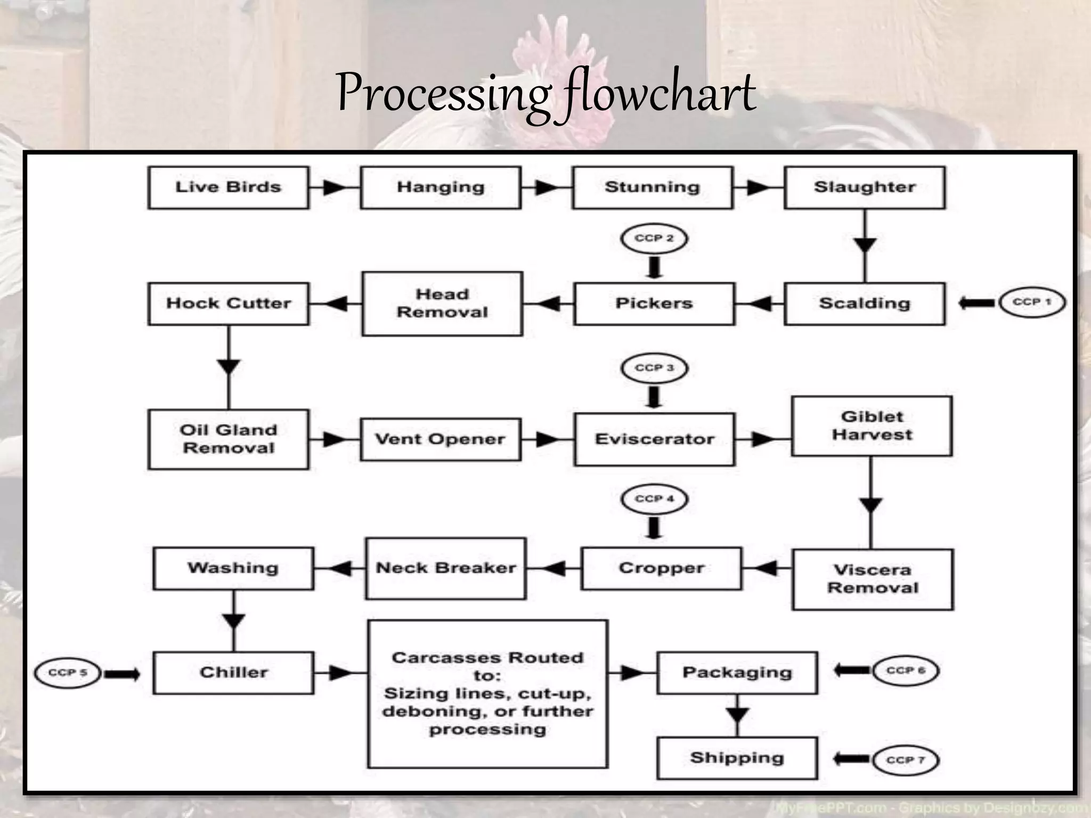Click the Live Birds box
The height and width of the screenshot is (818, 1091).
click(x=228, y=187)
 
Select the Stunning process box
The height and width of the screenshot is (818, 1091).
click(x=653, y=187)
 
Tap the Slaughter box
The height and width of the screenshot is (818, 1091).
click(x=865, y=187)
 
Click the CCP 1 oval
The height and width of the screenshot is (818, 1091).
click(x=1032, y=302)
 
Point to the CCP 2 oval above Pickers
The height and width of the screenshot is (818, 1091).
click(x=654, y=238)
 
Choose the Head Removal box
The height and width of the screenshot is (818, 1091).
click(x=442, y=303)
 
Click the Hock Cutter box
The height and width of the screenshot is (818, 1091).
click(x=229, y=303)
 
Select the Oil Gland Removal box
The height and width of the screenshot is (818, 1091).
click(x=229, y=439)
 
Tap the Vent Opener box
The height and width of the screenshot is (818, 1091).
click(x=440, y=439)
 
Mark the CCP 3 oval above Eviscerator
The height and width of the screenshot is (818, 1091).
click(x=654, y=368)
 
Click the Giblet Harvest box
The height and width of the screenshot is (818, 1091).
click(x=872, y=426)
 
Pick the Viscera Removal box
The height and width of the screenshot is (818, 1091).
click(x=873, y=579)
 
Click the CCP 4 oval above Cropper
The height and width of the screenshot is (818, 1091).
click(x=654, y=499)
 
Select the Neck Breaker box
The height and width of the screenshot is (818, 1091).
click(x=446, y=568)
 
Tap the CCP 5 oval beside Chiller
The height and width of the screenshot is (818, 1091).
click(x=68, y=673)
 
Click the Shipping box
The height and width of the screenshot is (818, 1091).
click(x=737, y=757)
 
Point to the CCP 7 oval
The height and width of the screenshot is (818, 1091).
click(x=906, y=759)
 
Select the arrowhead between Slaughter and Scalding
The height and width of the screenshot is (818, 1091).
click(x=865, y=245)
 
